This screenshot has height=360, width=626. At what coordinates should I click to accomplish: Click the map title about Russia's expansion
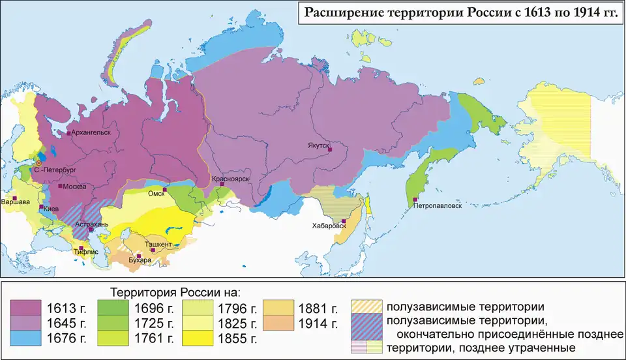458,14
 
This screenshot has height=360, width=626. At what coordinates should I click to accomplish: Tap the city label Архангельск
92,132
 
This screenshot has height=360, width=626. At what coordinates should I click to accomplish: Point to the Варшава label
16,202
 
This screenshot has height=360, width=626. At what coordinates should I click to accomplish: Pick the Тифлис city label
90,248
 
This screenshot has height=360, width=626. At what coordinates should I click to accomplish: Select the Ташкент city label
159,244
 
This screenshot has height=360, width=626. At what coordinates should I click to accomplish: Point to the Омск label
156,193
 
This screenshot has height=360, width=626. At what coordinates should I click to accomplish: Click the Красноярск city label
231,178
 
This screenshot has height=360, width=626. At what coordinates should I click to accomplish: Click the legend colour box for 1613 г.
25,308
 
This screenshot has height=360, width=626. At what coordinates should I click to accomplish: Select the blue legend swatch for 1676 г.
25,338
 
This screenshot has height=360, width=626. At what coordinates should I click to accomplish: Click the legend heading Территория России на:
175,290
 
